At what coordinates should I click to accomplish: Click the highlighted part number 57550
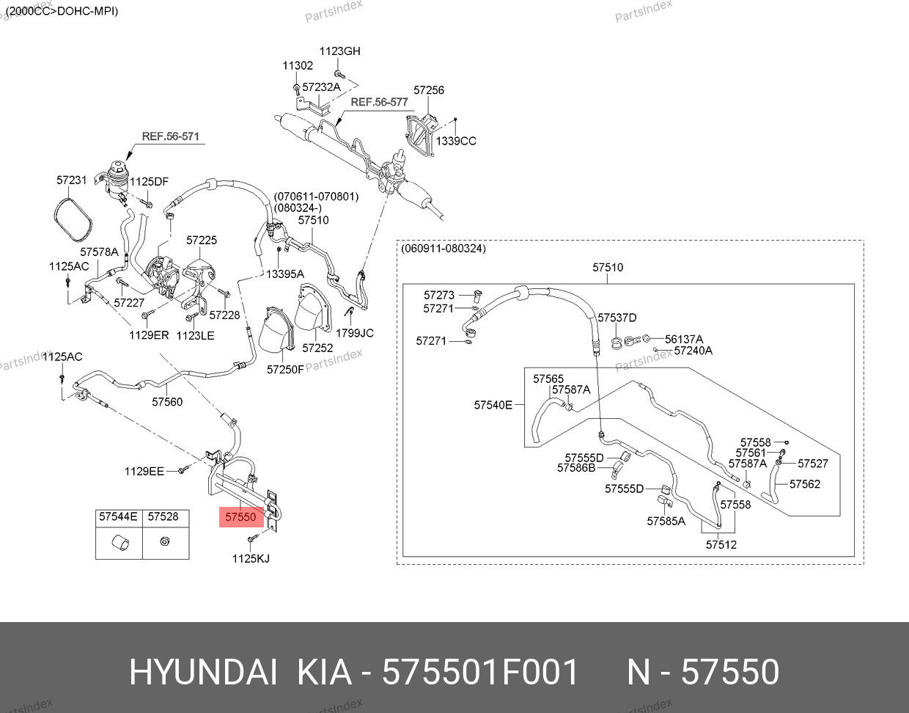click(x=240, y=517)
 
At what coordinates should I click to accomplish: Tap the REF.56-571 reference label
click(x=171, y=136)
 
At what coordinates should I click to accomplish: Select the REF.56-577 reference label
click(x=379, y=102)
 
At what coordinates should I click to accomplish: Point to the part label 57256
click(x=429, y=90)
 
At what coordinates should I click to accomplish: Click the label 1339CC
click(x=456, y=141)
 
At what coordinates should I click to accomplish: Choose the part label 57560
click(x=167, y=402)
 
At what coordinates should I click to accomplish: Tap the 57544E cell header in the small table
click(x=118, y=516)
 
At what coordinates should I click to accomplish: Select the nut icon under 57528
click(x=164, y=541)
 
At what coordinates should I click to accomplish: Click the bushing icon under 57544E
click(x=120, y=543)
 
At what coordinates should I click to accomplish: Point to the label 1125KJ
click(x=251, y=559)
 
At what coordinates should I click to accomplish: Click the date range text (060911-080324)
click(x=444, y=249)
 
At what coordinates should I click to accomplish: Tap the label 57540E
click(x=493, y=405)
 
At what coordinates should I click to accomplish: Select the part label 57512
click(x=721, y=545)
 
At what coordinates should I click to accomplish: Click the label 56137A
click(x=684, y=339)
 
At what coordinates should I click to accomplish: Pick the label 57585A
click(x=666, y=521)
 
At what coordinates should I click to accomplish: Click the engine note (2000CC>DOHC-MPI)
click(x=62, y=11)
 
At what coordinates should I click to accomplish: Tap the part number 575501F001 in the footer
click(x=480, y=673)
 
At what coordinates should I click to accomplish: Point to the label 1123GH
click(x=339, y=51)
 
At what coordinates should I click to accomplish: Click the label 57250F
click(x=285, y=370)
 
